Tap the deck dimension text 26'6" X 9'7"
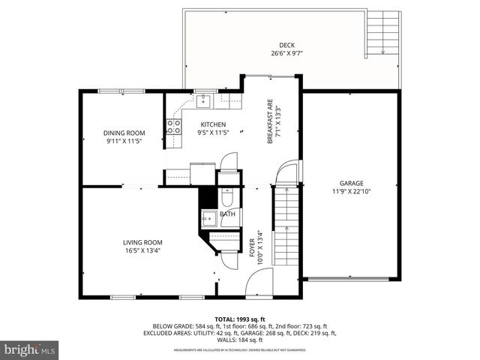click(287, 54)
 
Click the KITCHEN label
click(213, 124)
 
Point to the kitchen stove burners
click(173, 127)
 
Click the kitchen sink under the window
click(203, 98)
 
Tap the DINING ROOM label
click(123, 133)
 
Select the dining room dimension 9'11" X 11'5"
click(123, 141)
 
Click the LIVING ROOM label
click(142, 242)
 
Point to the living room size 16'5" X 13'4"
click(142, 250)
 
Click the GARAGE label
click(351, 183)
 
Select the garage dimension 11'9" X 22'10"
click(351, 191)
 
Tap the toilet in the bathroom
click(226, 196)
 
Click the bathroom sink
click(209, 217)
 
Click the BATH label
click(227, 214)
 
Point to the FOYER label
click(252, 248)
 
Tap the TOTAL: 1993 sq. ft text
click(239, 319)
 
